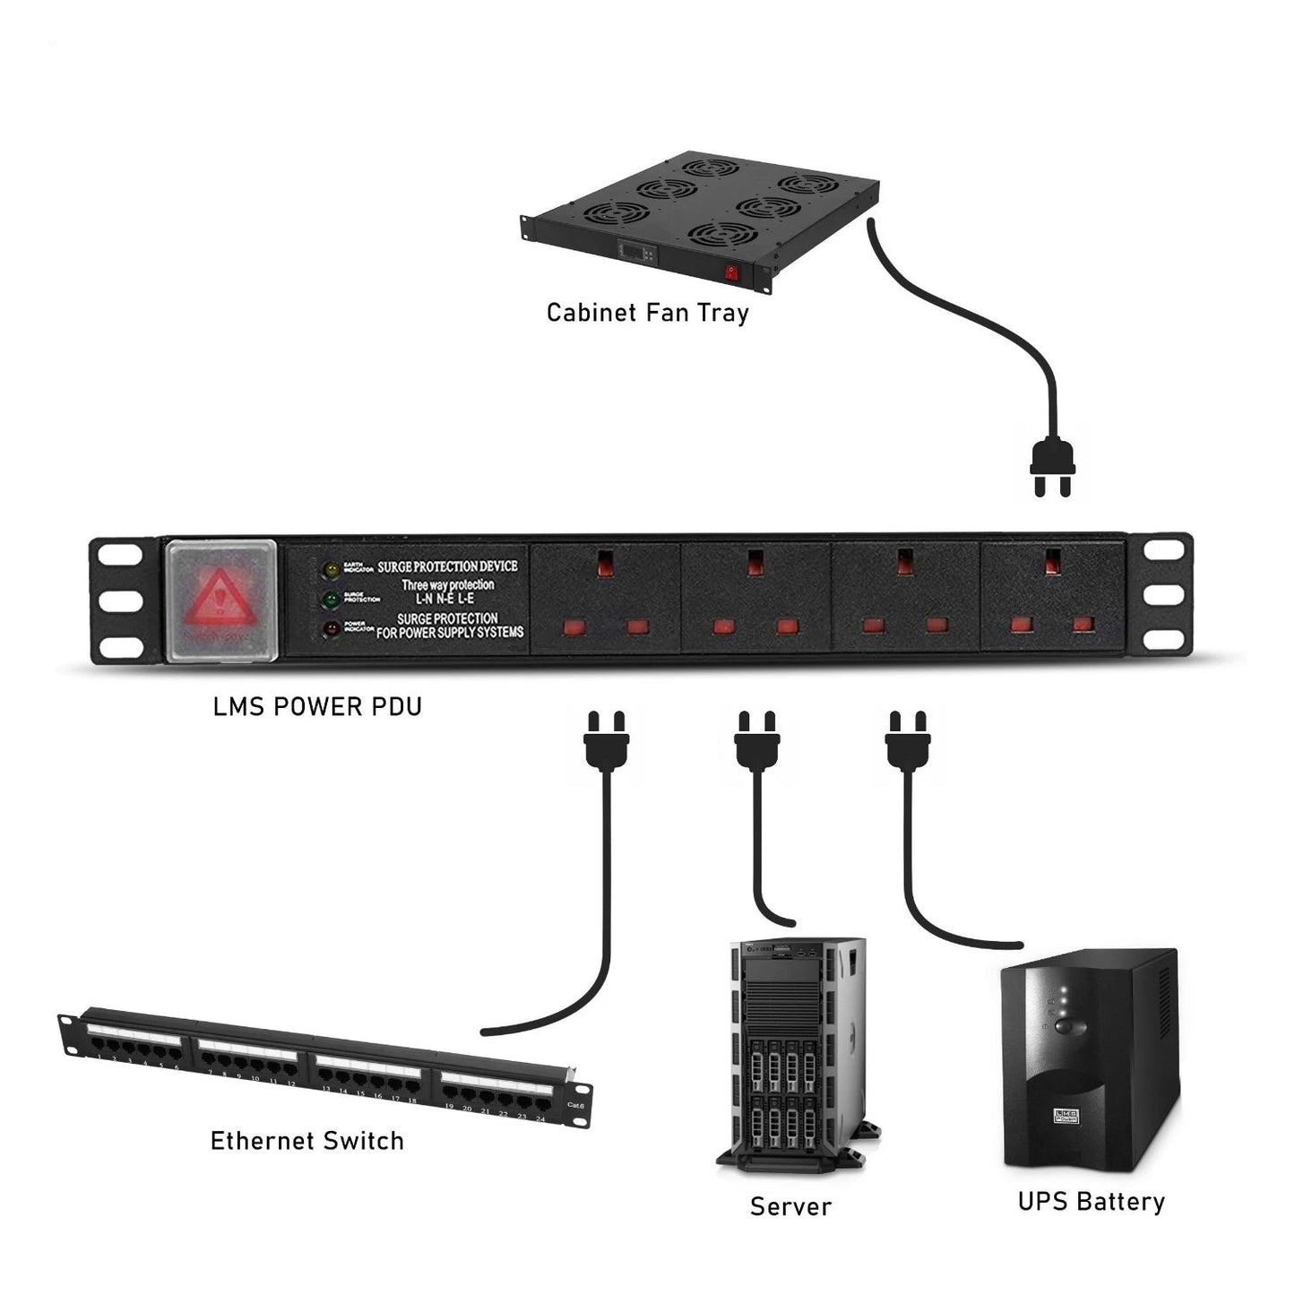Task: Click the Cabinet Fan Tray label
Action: [x=647, y=313]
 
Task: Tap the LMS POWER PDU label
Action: [x=317, y=706]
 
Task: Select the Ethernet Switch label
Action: [x=306, y=1141]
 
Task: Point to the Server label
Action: [x=790, y=1206]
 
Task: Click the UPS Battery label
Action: [x=1091, y=1201]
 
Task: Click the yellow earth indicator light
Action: [x=331, y=569]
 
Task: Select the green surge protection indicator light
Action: [x=331, y=598]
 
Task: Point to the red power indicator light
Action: [x=331, y=628]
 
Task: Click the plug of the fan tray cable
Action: [x=1052, y=466]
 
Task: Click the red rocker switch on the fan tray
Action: [x=732, y=272]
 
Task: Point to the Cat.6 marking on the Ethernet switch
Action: [x=574, y=1104]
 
